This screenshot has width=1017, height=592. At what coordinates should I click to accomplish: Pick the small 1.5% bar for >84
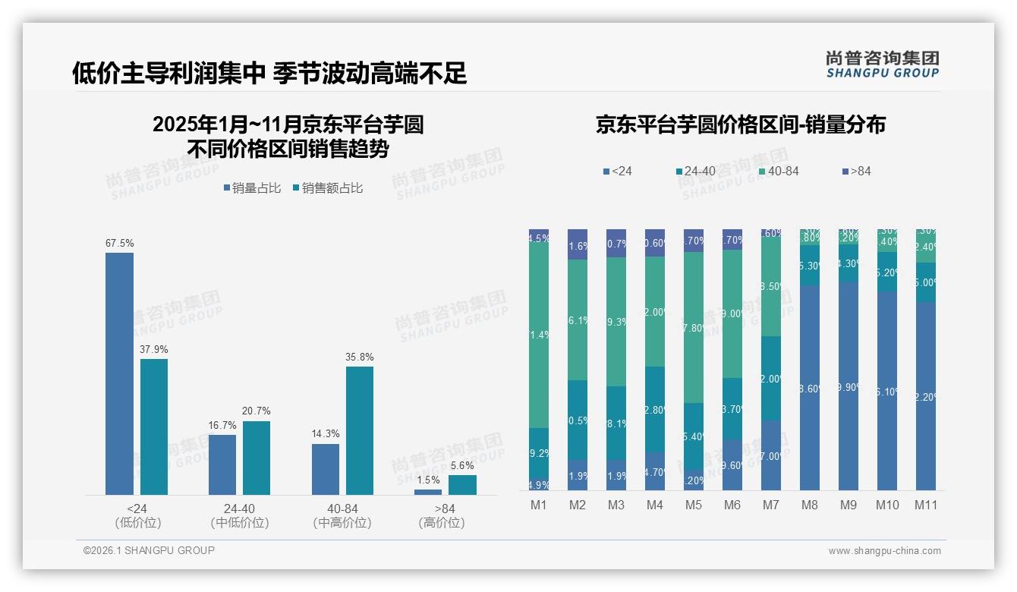point(428,492)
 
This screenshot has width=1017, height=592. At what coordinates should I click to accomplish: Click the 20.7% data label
point(256,411)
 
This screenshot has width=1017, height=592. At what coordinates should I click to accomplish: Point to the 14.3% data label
point(326,433)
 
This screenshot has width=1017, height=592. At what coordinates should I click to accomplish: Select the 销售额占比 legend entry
point(327,188)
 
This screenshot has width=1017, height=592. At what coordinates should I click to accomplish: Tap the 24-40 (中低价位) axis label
point(239,515)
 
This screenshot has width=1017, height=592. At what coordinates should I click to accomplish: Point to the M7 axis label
point(770,505)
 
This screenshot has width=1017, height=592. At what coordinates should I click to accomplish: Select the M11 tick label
point(925,505)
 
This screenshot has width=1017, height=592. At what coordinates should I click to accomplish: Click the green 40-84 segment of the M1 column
point(539,334)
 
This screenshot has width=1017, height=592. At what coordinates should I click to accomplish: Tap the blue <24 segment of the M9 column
point(848,387)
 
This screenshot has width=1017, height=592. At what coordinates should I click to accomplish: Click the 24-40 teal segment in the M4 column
point(654,410)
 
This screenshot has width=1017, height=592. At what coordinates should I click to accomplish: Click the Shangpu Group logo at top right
point(882,64)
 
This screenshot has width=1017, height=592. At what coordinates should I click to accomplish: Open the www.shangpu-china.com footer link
point(884,551)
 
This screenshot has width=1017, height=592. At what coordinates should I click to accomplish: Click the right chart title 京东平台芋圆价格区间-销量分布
point(740,125)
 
